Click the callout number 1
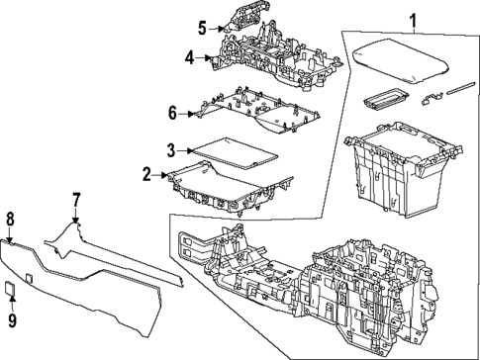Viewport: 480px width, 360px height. (413, 18)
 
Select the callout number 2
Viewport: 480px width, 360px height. (146, 175)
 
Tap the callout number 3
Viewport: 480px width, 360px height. (170, 149)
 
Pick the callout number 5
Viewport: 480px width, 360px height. (202, 27)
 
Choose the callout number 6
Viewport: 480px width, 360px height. (172, 113)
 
